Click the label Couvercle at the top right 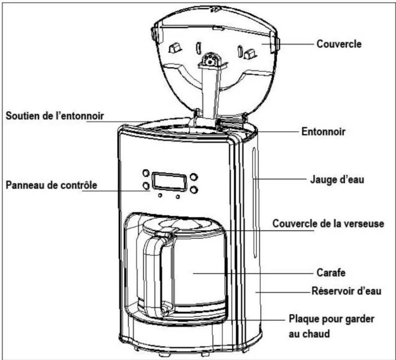point(339,44)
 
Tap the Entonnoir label point(323,131)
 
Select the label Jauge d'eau point(337,180)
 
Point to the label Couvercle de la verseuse point(328,223)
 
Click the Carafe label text point(331,273)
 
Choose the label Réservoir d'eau point(346,291)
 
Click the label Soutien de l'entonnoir point(55,116)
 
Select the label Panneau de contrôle point(51,185)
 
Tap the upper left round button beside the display point(146,173)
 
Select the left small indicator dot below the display point(160,195)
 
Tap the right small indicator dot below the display point(178,197)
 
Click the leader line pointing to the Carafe point(253,273)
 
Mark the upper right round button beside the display point(194,177)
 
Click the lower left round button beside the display point(146,186)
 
